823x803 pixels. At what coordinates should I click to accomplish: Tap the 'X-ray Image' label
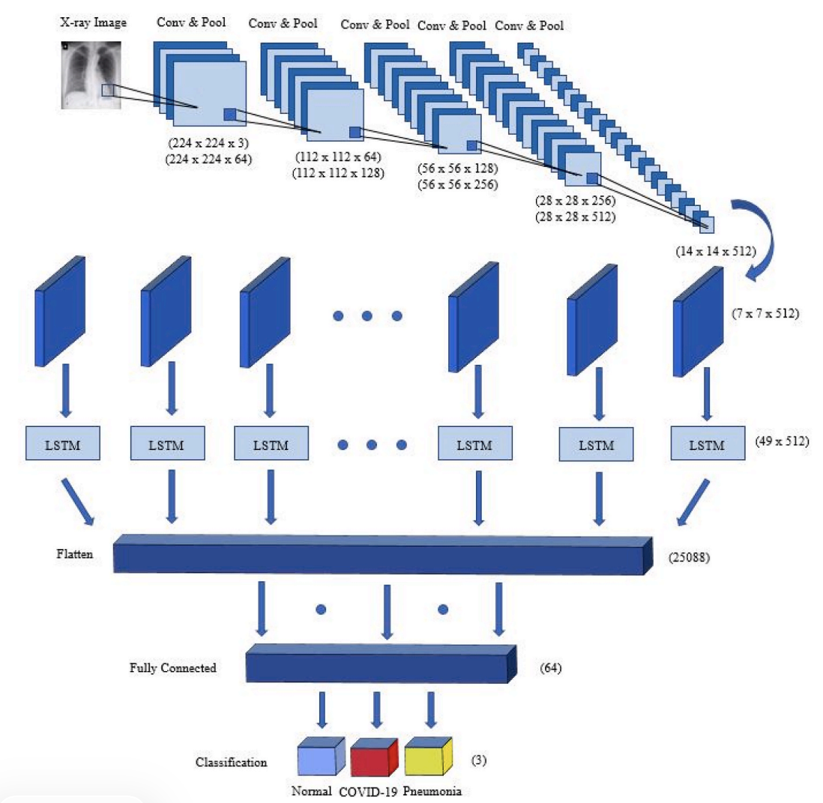click(x=93, y=22)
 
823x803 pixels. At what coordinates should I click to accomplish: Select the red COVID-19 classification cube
click(x=373, y=759)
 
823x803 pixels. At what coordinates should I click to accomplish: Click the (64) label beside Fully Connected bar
click(x=550, y=666)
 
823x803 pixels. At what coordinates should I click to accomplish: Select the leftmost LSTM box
click(x=64, y=445)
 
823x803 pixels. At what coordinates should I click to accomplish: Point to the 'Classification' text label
click(x=231, y=763)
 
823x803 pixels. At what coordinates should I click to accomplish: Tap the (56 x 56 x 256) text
click(x=457, y=185)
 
